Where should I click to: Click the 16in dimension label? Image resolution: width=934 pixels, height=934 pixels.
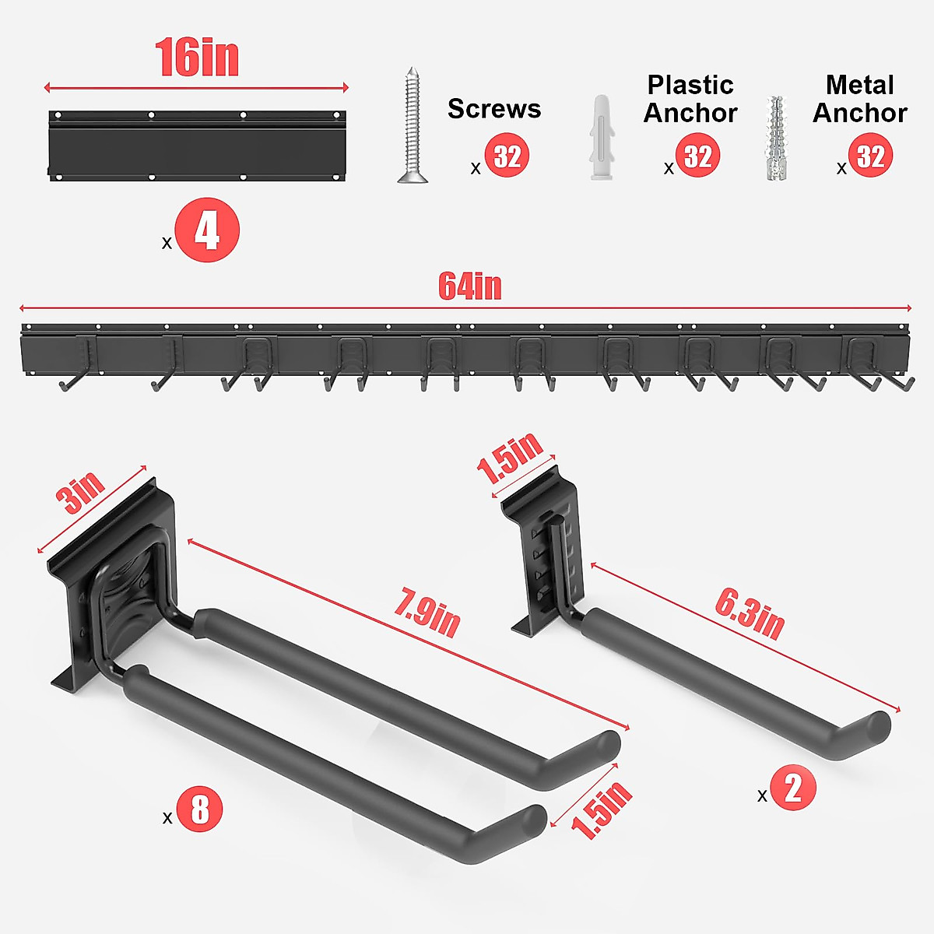pos(197,58)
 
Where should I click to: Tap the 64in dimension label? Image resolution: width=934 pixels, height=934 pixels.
pos(469,286)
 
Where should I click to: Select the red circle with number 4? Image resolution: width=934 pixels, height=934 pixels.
pos(206,230)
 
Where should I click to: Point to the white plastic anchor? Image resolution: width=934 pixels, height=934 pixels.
pos(602,139)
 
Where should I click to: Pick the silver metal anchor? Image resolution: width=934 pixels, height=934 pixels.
pos(775,139)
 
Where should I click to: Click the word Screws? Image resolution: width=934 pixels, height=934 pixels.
pos(493,109)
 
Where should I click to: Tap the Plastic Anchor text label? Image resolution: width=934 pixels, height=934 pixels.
pos(690,99)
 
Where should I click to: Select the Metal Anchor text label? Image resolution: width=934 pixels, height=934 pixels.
pos(859,99)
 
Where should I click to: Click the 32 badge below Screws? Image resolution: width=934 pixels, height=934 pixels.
pos(507,156)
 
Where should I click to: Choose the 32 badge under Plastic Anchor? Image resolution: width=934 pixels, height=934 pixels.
pos(697,156)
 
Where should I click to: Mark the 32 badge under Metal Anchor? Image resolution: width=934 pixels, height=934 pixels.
pos(870,156)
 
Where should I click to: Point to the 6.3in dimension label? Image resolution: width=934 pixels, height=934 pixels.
pos(750,613)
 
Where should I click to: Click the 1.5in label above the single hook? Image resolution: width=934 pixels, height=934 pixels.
pos(510,459)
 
